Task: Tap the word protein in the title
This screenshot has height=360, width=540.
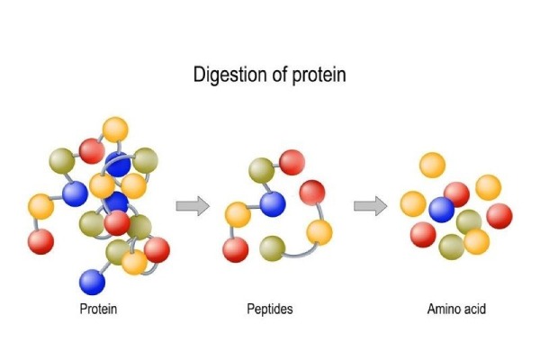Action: click(316, 75)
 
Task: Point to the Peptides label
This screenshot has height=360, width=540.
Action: click(270, 310)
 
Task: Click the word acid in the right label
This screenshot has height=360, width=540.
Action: click(472, 310)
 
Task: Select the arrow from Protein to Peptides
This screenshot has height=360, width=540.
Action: click(192, 206)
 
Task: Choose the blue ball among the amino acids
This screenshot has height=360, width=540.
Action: click(442, 210)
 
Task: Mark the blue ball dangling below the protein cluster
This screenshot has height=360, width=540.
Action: click(93, 282)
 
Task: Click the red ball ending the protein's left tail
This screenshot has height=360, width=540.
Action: click(41, 241)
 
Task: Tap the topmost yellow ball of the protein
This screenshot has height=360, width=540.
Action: click(115, 129)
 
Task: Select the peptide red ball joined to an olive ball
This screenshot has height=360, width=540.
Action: click(292, 162)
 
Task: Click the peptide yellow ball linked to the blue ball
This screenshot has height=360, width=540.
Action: click(238, 215)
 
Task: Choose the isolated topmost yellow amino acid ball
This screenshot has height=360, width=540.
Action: click(433, 165)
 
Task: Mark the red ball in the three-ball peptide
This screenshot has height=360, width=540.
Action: click(311, 193)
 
